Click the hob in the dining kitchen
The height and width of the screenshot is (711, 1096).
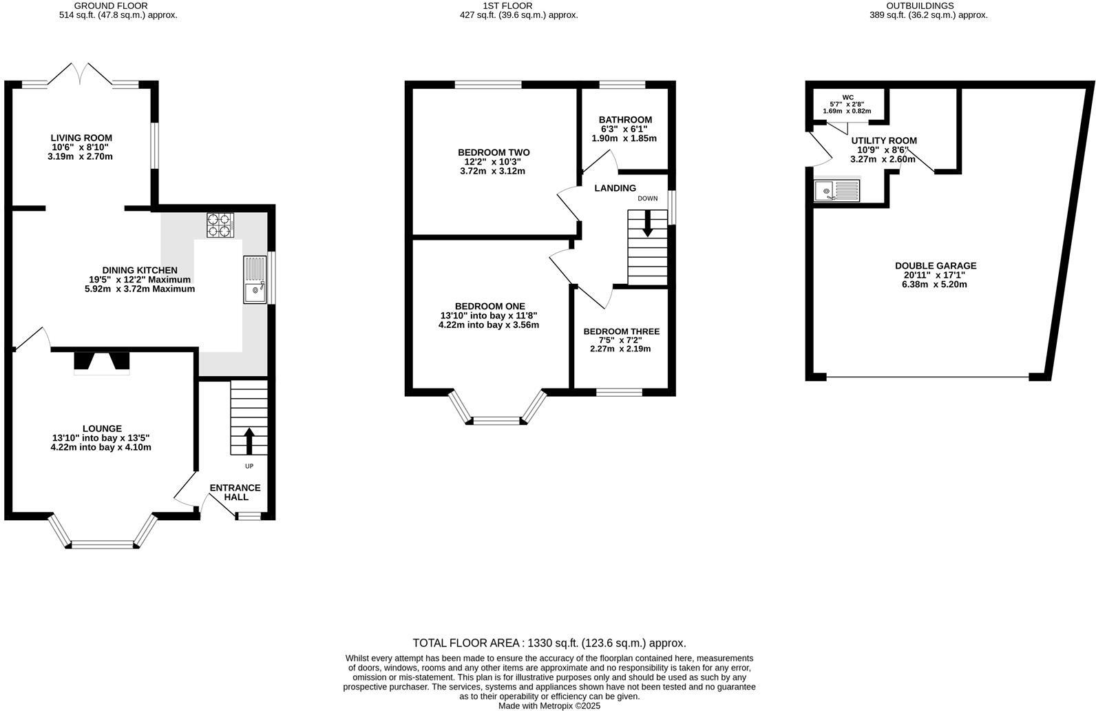tap(220, 225)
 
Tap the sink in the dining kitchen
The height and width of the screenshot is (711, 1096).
tap(255, 280)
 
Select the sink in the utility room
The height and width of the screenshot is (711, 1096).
tap(836, 190)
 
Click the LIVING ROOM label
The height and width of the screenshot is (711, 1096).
tap(81, 138)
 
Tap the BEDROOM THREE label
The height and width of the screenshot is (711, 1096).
tap(621, 331)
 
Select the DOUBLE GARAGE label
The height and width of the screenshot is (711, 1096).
tap(935, 266)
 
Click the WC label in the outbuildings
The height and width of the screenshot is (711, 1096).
tap(847, 97)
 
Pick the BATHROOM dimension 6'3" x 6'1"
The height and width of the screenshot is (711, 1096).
tap(624, 129)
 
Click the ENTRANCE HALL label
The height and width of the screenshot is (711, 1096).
tap(235, 492)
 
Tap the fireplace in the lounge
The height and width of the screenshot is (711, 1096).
tap(101, 362)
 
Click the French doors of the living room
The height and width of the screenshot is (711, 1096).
tap(81, 74)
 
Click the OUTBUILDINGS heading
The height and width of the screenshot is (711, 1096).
tap(928, 6)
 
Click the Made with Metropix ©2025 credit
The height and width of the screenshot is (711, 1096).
tap(549, 705)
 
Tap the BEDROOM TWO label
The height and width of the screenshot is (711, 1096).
tap(494, 152)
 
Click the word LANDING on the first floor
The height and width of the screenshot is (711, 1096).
tap(615, 188)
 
